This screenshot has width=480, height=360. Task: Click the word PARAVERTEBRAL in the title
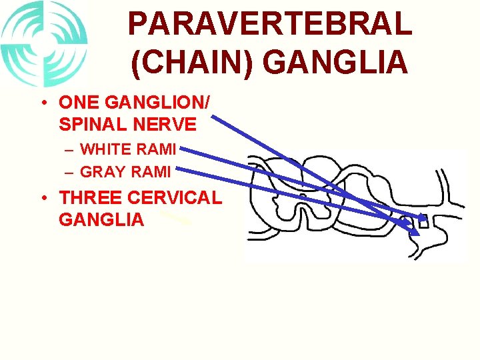(269, 25)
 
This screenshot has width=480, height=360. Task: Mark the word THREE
(89, 198)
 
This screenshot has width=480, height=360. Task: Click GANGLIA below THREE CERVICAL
(101, 219)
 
